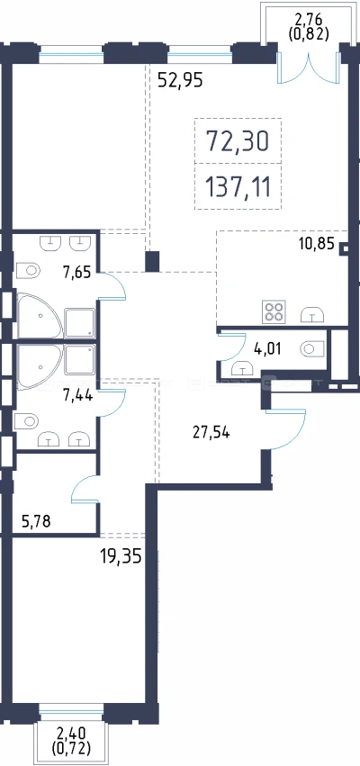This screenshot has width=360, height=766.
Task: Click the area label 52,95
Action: pos(180,79)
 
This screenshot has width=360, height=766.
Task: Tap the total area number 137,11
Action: pos(238,186)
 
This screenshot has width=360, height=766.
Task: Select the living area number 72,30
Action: pos(238,141)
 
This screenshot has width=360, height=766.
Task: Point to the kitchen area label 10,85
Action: pos(317,244)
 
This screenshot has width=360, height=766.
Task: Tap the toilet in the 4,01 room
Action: pos(312,348)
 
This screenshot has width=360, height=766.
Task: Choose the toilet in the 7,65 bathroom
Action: pos(28,270)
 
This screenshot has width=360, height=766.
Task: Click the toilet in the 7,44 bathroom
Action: pos(26,420)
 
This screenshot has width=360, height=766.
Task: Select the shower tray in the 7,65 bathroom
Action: pos(79,323)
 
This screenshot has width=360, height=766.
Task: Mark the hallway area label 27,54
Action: pos(210,433)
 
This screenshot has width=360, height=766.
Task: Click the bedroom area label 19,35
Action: pos(121,556)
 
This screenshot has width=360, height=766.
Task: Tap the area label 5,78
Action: pos(37,522)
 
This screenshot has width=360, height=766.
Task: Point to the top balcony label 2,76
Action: pos(307,21)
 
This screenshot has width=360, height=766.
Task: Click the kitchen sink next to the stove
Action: pos(312,315)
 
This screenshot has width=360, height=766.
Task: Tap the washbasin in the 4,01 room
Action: pos(241,367)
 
